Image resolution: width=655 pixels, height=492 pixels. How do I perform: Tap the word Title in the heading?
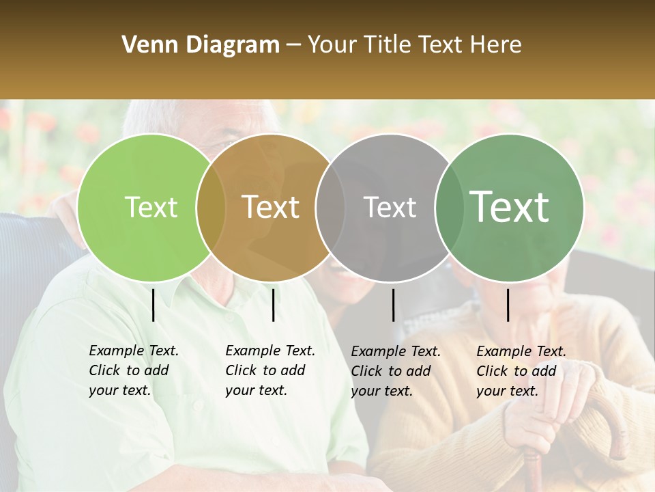tap(388, 45)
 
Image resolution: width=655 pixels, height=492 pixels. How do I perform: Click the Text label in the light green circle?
tap(151, 208)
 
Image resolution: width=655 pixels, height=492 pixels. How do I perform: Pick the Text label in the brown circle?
tap(271, 208)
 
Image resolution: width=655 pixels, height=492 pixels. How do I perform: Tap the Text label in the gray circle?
tap(390, 208)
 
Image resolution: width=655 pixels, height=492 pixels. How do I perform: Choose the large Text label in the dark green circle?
tap(510, 207)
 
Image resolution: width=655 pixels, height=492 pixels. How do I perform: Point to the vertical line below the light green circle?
tap(153, 305)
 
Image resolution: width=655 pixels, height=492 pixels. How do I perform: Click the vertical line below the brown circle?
tap(273, 305)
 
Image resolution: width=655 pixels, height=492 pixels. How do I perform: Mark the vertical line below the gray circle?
tap(393, 305)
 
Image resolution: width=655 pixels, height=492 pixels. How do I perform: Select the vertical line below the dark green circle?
tap(508, 305)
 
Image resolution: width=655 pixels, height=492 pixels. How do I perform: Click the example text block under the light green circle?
tap(133, 370)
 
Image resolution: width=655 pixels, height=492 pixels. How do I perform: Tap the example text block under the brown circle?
tap(270, 370)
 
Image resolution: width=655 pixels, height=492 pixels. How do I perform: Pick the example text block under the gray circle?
tap(395, 371)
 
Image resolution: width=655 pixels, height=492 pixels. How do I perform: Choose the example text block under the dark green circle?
tap(521, 371)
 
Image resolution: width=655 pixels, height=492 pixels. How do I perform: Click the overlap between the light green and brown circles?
tap(211, 208)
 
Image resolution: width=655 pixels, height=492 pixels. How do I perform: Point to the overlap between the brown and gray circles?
tap(330, 208)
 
